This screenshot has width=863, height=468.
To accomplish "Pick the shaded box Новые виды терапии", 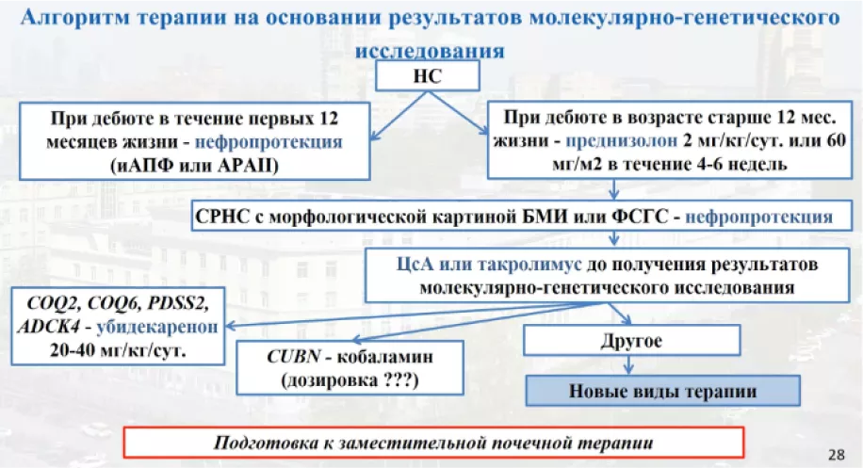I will pyautogui.click(x=661, y=389).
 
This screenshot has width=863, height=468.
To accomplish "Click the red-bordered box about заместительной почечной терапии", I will pyautogui.click(x=434, y=442).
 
